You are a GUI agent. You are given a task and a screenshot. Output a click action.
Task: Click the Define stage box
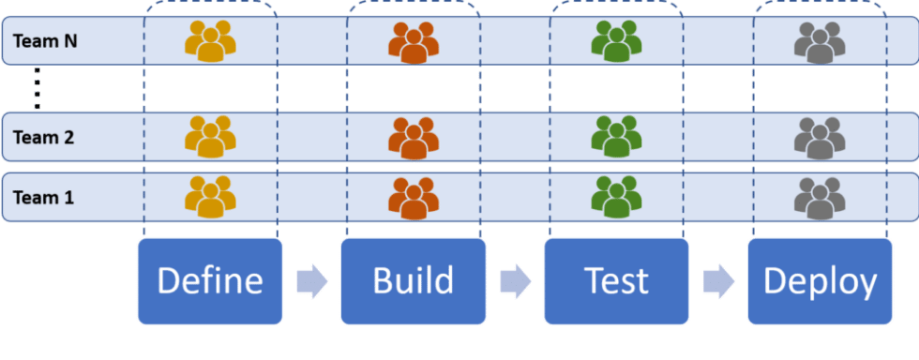click(x=210, y=281)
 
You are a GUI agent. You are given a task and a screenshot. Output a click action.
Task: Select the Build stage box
click(x=413, y=281)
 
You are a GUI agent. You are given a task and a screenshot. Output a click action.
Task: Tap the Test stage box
click(x=616, y=281)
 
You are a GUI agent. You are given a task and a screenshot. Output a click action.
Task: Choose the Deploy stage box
click(x=820, y=281)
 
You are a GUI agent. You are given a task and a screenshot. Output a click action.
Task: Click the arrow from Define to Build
click(x=311, y=281)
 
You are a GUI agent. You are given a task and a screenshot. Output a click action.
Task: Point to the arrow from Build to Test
click(x=515, y=281)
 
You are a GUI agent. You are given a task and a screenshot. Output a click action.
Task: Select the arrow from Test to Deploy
click(x=719, y=281)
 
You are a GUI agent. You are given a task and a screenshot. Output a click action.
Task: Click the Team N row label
click(x=44, y=41)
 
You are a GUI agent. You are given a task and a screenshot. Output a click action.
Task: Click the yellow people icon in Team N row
click(x=210, y=41)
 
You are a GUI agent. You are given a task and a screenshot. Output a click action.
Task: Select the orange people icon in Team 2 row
click(x=414, y=138)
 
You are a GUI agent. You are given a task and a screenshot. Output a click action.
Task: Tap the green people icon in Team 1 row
click(x=616, y=197)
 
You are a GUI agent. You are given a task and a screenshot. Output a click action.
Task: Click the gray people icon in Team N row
click(x=820, y=42)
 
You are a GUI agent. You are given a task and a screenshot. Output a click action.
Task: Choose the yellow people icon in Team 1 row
click(x=210, y=197)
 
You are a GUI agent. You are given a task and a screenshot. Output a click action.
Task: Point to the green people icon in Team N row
click(x=616, y=40)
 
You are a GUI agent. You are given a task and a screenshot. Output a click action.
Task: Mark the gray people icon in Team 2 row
click(x=820, y=138)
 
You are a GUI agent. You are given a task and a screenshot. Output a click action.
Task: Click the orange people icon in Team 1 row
click(x=414, y=198)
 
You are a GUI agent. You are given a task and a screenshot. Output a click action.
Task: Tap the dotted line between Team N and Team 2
click(x=37, y=88)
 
